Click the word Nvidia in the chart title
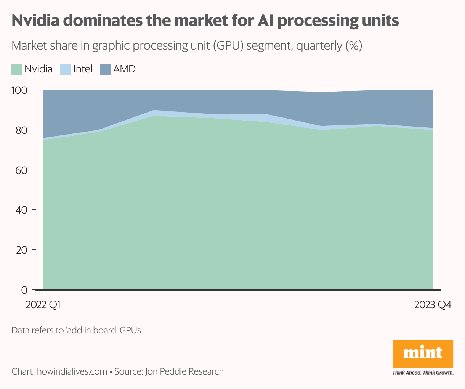pos(35,21)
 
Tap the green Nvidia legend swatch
pos(17,69)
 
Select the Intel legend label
pos(83,69)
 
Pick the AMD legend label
pos(125,69)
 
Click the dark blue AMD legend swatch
pos(105,69)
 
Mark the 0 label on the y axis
pos(24,290)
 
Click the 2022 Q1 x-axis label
pos(43,305)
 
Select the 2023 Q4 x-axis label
pos(433,305)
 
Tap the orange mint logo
pos(423,354)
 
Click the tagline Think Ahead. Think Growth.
pos(423,373)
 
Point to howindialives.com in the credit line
pos(72,371)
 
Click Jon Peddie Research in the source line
pos(184,371)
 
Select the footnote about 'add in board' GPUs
pos(76,330)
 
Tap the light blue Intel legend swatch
pos(66,69)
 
